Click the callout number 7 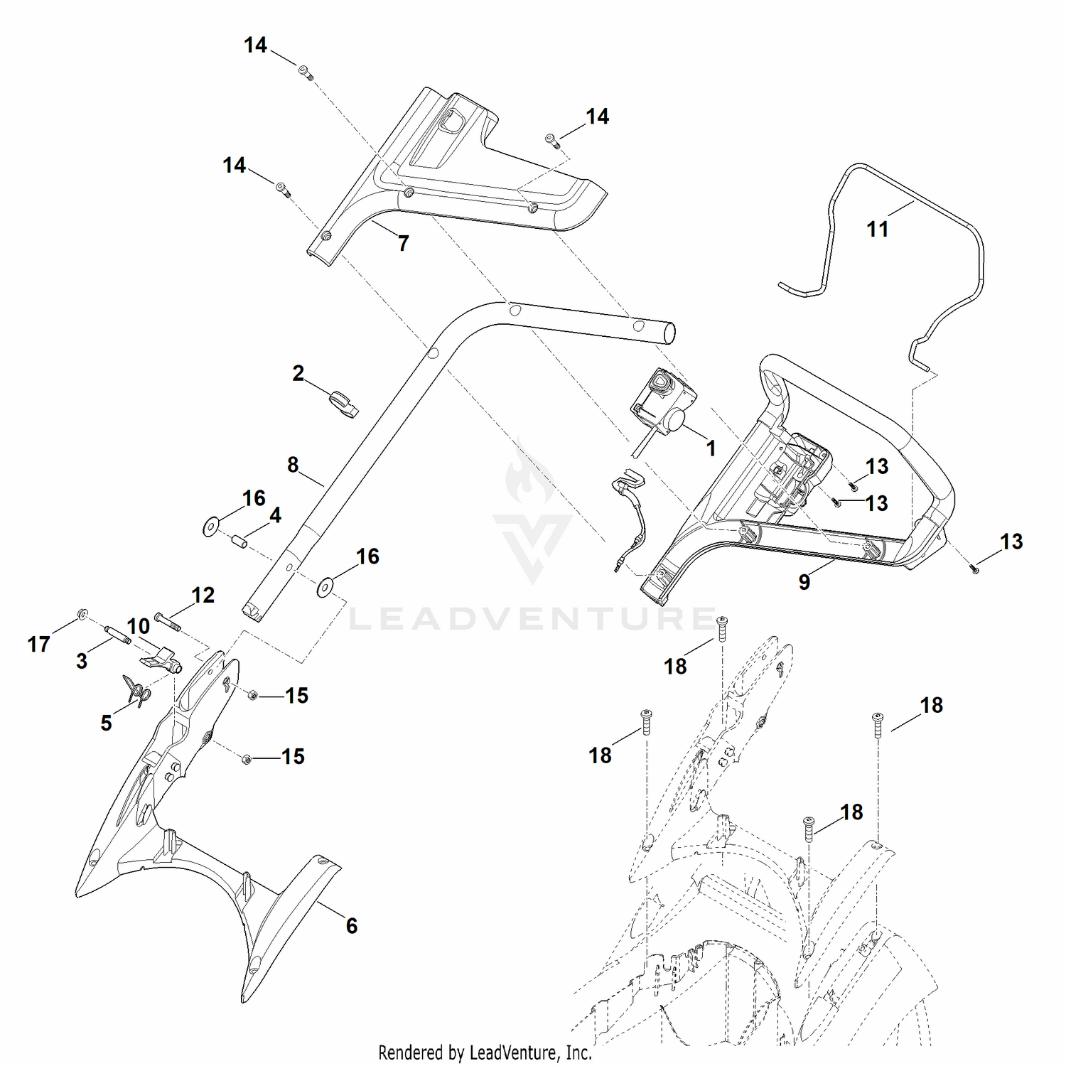(x=404, y=244)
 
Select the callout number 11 (x=878, y=230)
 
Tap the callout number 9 (x=804, y=582)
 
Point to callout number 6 (x=352, y=925)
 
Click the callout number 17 (x=39, y=645)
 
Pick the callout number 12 (x=203, y=595)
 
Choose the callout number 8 (x=293, y=465)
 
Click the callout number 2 (x=298, y=373)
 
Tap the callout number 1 (x=711, y=448)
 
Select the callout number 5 (x=106, y=723)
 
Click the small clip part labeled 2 (x=345, y=404)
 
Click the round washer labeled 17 (x=82, y=613)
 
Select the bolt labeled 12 (x=168, y=620)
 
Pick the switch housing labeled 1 (x=662, y=402)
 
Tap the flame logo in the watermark (x=529, y=473)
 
